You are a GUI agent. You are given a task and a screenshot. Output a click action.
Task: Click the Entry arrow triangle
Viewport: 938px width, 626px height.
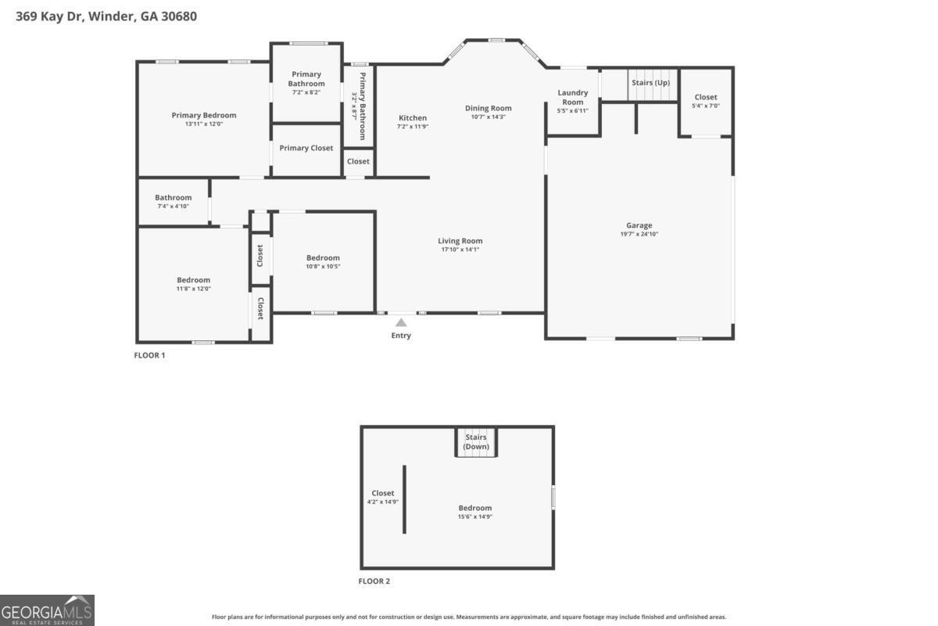pyautogui.click(x=401, y=322)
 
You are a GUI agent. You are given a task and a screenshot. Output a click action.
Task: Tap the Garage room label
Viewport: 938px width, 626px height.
pyautogui.click(x=639, y=225)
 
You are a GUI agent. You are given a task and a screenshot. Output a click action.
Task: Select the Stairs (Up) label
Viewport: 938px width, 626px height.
pyautogui.click(x=650, y=83)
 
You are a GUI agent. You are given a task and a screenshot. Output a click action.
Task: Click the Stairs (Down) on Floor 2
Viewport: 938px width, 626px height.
pyautogui.click(x=475, y=442)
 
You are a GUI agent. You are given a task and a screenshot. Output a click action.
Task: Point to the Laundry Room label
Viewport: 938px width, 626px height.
pyautogui.click(x=572, y=97)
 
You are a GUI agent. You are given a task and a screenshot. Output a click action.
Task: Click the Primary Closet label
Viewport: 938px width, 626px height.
pyautogui.click(x=306, y=148)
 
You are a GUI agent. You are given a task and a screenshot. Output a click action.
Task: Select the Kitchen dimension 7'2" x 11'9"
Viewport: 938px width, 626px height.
pyautogui.click(x=412, y=127)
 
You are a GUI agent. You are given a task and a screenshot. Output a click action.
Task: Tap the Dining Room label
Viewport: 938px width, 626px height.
pyautogui.click(x=488, y=108)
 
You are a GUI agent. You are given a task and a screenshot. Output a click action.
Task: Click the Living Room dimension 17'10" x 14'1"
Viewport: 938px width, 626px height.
pyautogui.click(x=460, y=250)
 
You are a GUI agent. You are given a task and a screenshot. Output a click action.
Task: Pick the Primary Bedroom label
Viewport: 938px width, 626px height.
pyautogui.click(x=204, y=115)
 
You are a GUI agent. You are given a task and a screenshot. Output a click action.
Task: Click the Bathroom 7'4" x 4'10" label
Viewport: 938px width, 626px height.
pyautogui.click(x=173, y=198)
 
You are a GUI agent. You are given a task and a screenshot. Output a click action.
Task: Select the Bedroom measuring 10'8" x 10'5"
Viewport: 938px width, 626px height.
pyautogui.click(x=323, y=258)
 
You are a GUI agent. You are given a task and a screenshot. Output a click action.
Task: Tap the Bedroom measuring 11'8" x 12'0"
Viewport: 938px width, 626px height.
pyautogui.click(x=193, y=280)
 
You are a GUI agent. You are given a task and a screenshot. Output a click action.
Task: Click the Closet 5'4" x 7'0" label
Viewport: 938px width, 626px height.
pyautogui.click(x=705, y=97)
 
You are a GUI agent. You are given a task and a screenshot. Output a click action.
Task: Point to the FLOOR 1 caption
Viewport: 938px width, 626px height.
pyautogui.click(x=150, y=355)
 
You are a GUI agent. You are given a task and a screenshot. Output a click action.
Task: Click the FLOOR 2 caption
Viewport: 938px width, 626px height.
pyautogui.click(x=374, y=581)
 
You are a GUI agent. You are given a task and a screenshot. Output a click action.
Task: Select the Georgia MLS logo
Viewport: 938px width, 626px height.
pyautogui.click(x=47, y=610)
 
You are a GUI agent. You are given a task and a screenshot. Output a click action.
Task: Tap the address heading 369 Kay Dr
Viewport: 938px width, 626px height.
pyautogui.click(x=106, y=16)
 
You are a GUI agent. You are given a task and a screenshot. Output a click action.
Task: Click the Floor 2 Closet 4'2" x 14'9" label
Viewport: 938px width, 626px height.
pyautogui.click(x=383, y=493)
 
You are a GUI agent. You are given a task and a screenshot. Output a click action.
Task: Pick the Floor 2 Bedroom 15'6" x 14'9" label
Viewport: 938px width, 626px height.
pyautogui.click(x=474, y=508)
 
